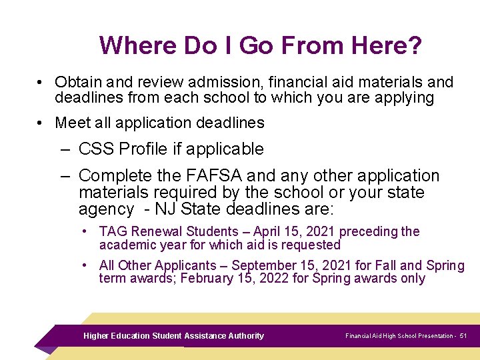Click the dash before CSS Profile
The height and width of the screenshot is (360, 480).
tap(65, 149)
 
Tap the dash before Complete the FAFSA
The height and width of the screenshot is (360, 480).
tap(65, 176)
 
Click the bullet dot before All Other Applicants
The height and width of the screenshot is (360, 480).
tap(86, 265)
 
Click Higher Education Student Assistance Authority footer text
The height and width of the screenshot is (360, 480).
tap(173, 336)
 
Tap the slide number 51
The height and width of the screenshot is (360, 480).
tap(463, 336)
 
